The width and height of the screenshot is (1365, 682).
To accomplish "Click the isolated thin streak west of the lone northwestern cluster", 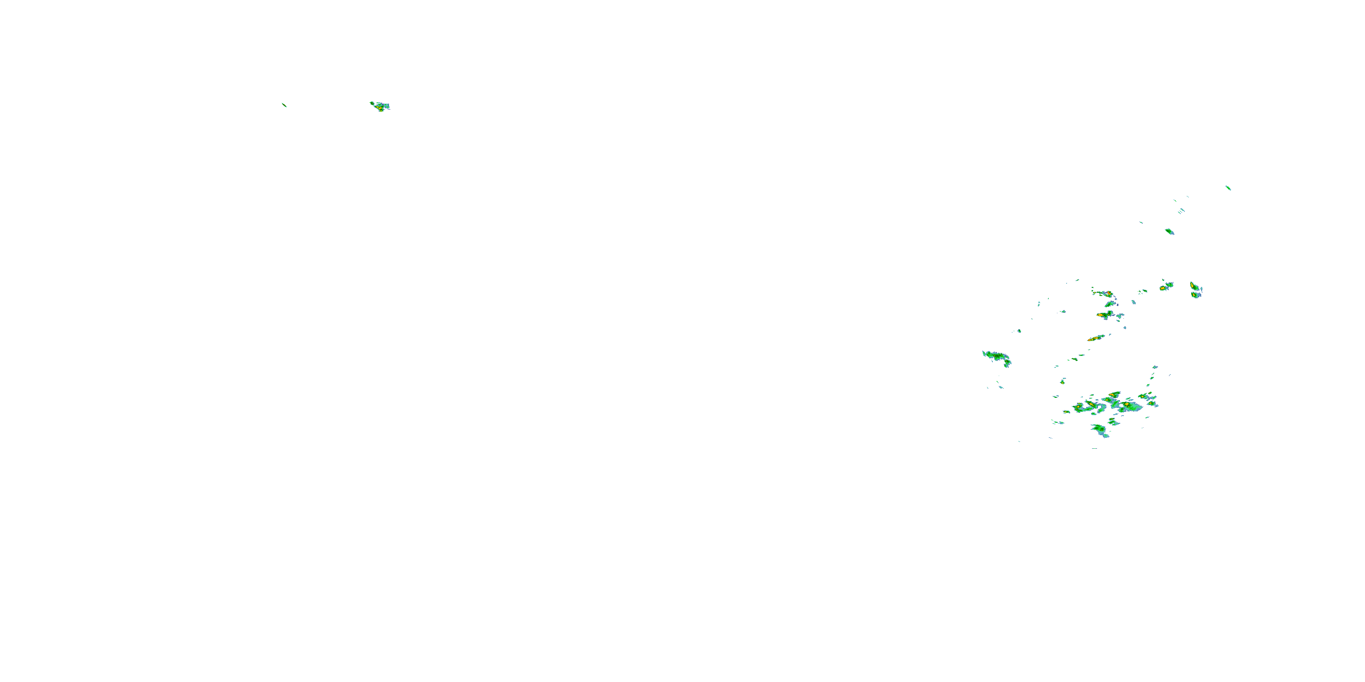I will (x=284, y=105).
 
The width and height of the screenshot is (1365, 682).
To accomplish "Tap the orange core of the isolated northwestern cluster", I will (x=379, y=107).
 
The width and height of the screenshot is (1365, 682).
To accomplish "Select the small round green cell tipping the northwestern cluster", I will (x=371, y=103).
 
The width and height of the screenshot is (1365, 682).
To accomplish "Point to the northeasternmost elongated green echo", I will (x=1228, y=188).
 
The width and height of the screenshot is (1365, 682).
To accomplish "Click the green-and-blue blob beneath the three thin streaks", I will (x=1169, y=231).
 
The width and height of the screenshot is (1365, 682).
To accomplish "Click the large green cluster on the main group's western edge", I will (x=997, y=357).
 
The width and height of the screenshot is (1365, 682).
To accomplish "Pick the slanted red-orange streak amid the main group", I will (x=1095, y=338).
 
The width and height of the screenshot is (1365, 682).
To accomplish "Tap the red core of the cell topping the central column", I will (x=1107, y=294).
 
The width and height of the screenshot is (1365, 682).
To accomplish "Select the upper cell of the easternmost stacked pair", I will (x=1195, y=287).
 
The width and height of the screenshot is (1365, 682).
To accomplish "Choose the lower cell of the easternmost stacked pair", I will (x=1196, y=296).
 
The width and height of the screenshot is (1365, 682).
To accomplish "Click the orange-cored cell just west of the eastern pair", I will (x=1165, y=286).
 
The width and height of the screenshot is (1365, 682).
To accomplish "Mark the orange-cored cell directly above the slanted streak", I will (x=1104, y=315).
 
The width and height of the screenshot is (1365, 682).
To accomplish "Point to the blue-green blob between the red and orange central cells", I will (x=1110, y=304).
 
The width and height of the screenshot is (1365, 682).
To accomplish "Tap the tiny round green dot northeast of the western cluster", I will (x=1020, y=331).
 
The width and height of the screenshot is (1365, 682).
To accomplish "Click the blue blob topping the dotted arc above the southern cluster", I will (x=1156, y=367).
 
